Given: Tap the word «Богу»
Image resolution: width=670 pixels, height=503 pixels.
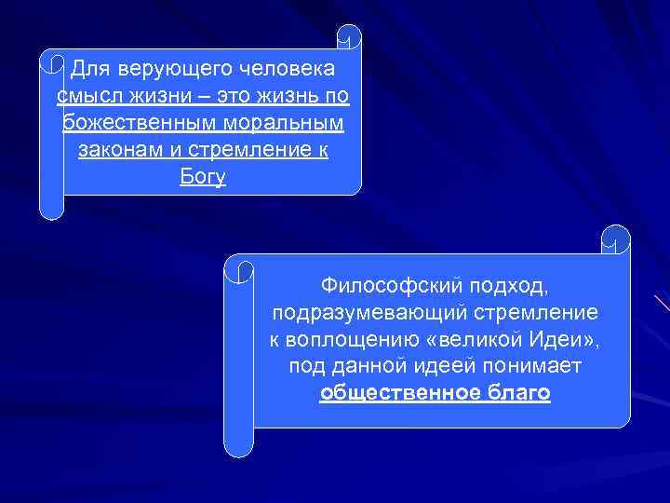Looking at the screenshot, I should (203, 176).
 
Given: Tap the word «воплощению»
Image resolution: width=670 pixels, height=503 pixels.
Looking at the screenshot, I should (349, 339).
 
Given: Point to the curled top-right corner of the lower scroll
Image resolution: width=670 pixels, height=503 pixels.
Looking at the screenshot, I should (616, 238).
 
